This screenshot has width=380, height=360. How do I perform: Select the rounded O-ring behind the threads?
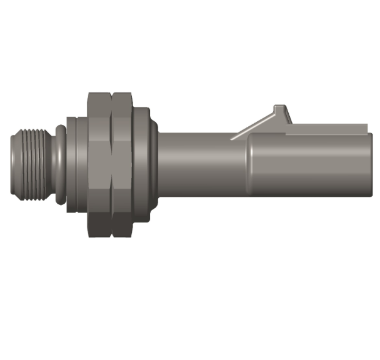57,164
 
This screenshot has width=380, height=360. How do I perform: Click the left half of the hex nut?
99,164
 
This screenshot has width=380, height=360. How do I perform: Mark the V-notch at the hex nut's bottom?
111,233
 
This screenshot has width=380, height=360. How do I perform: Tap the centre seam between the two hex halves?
111,164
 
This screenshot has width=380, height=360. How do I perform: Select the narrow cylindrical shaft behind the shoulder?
200,164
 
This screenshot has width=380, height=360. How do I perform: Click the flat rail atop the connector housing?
325,129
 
